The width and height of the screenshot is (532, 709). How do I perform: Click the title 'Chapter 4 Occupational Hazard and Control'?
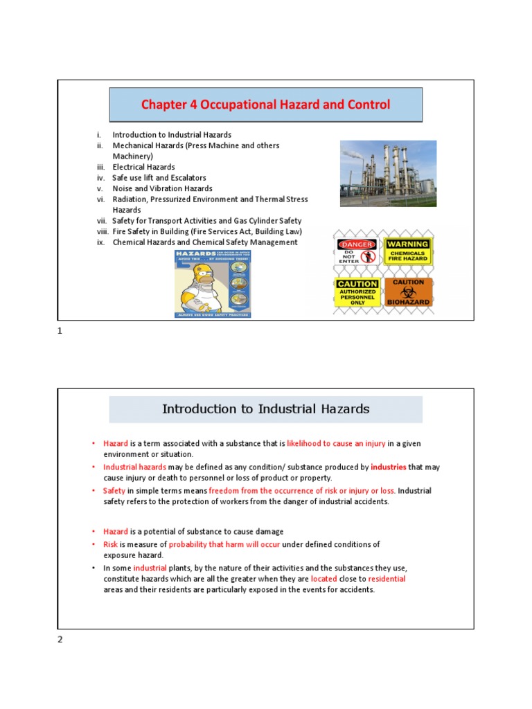pyautogui.click(x=265, y=105)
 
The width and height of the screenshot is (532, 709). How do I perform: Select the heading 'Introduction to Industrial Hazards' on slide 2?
pyautogui.click(x=265, y=409)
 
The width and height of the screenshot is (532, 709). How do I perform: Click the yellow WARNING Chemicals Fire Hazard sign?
pyautogui.click(x=408, y=252)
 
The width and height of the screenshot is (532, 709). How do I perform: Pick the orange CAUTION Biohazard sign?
pyautogui.click(x=408, y=292)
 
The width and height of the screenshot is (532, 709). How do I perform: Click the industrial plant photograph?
pyautogui.click(x=388, y=174)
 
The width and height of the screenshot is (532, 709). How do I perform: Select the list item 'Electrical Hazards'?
pyautogui.click(x=143, y=167)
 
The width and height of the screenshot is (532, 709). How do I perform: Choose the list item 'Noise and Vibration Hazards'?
pyautogui.click(x=162, y=188)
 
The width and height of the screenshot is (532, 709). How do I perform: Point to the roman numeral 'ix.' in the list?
pyautogui.click(x=101, y=242)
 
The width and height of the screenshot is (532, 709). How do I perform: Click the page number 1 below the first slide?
pyautogui.click(x=60, y=331)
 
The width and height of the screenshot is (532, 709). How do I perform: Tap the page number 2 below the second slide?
pyautogui.click(x=60, y=639)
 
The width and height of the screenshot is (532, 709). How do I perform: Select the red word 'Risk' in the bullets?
pyautogui.click(x=111, y=544)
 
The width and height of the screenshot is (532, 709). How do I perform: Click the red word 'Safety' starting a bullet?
pyautogui.click(x=114, y=491)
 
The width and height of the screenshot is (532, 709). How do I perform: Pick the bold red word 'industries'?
pyautogui.click(x=388, y=467)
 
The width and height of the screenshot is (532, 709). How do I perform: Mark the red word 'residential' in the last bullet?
pyautogui.click(x=387, y=578)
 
